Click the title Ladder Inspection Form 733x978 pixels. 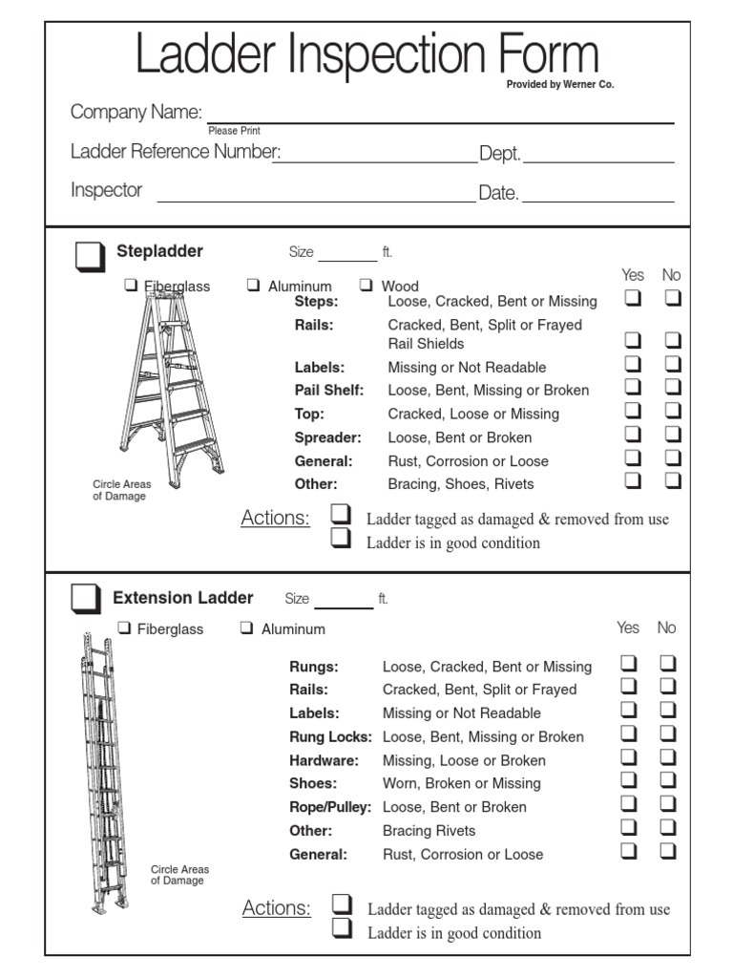[366, 54]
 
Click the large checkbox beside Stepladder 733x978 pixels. [89, 256]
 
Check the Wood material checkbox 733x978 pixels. [366, 285]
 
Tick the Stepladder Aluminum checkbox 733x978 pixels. [253, 285]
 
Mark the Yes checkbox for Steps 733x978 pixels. [633, 298]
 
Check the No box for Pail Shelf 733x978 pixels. [673, 387]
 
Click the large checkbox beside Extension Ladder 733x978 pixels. [85, 599]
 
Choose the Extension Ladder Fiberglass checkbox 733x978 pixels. [124, 627]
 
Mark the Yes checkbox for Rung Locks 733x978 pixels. [629, 733]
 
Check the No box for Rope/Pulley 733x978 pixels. [668, 803]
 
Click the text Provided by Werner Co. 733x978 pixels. [560, 85]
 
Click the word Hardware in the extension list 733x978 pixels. [325, 760]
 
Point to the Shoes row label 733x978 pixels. [311, 783]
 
